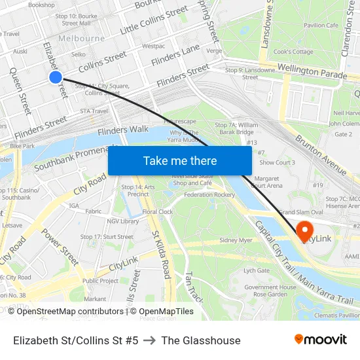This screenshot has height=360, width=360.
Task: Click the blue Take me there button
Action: click(x=179, y=160)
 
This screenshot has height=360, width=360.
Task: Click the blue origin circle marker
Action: click(x=55, y=77)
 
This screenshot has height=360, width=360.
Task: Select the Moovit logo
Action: click(x=321, y=340)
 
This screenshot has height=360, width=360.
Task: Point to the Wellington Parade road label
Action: click(x=311, y=71)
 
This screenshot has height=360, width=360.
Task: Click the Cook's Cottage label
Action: click(x=293, y=52)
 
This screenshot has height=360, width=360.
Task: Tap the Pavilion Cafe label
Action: click(x=320, y=25)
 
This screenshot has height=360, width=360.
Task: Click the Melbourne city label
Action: click(x=81, y=39)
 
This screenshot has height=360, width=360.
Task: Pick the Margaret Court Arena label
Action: click(x=266, y=181)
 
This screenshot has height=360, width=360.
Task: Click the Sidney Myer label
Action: click(x=236, y=240)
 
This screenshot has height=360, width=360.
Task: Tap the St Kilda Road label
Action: click(x=161, y=253)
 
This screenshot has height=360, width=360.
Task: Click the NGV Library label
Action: click(x=123, y=221)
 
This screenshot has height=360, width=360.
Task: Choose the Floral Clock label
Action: click(x=158, y=211)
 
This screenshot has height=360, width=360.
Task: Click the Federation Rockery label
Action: click(x=209, y=194)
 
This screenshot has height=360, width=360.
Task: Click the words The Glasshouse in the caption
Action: click(x=201, y=340)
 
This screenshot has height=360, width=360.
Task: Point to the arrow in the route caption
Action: click(x=150, y=340)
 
